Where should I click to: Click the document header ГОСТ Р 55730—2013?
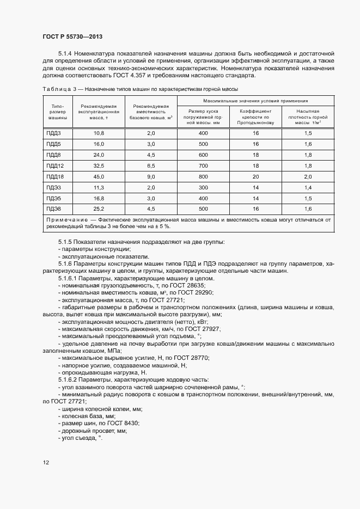[x=72, y=37]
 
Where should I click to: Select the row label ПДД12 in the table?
[x=55, y=165]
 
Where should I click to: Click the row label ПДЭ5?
[x=53, y=198]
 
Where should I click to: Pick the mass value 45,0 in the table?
[x=99, y=176]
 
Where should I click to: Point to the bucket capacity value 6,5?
[x=151, y=165]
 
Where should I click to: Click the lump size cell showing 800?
[x=203, y=176]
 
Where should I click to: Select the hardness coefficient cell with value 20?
[x=255, y=176]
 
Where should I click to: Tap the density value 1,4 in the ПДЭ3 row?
[x=308, y=187]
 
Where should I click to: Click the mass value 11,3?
[x=99, y=187]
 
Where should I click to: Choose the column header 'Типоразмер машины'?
[x=58, y=112]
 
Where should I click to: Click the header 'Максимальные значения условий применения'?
[x=255, y=101]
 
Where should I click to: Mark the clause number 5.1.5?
[x=65, y=242]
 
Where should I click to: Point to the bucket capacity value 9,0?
[x=151, y=176]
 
